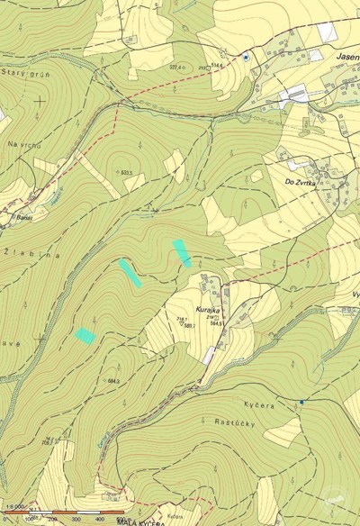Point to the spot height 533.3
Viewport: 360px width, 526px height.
point(126,173)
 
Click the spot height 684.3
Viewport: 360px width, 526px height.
point(113,381)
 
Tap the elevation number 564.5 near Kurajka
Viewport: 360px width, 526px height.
point(216,322)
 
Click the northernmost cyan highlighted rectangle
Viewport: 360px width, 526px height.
point(182,252)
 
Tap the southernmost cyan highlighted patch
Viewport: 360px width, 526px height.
point(85,335)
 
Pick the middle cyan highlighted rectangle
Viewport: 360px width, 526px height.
point(130,272)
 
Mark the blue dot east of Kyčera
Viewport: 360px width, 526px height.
point(301,401)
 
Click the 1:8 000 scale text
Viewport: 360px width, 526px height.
point(13,511)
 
